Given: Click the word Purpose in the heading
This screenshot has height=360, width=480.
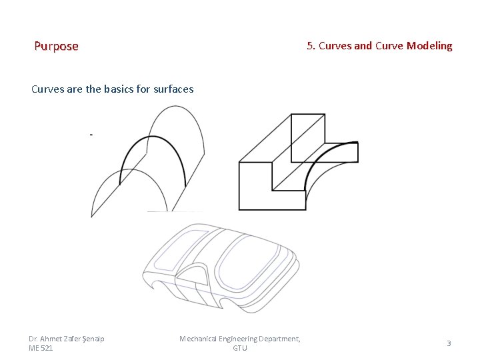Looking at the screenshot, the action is [x=56, y=46].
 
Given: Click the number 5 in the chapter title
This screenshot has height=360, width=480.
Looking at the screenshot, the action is [x=311, y=46].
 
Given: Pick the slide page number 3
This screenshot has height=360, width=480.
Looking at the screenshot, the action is [x=449, y=343].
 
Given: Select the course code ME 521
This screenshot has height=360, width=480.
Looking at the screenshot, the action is [x=41, y=348].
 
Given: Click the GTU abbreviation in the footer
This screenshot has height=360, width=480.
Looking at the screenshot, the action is [x=240, y=348].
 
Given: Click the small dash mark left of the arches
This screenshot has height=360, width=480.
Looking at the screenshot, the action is [x=91, y=135].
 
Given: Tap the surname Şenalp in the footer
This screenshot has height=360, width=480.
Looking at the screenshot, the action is [x=93, y=339].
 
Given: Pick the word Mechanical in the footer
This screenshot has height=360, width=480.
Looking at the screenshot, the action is [x=199, y=339].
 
